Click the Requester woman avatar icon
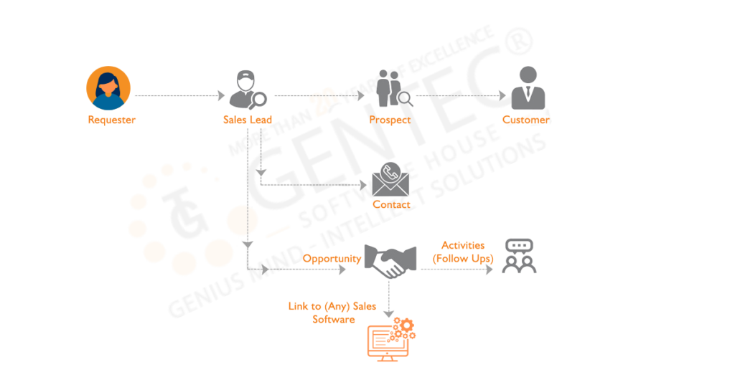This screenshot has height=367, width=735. pos(108,87)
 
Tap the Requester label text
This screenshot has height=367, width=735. pos(111,120)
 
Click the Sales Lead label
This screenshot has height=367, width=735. pos(247,120)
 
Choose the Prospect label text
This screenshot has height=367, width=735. pos(389,120)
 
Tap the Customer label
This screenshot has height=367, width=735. pos(526,120)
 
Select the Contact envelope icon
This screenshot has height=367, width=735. pos(390,178)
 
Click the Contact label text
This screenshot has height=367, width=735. pos(392,204)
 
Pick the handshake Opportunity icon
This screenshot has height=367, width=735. pos(390,261)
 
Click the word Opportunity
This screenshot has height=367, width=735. pos(332,258)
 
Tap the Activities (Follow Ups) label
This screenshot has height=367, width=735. pos(463,252)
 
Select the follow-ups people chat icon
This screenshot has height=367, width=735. pos(520,256)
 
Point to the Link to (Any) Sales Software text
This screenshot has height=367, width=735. pos(332,313)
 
